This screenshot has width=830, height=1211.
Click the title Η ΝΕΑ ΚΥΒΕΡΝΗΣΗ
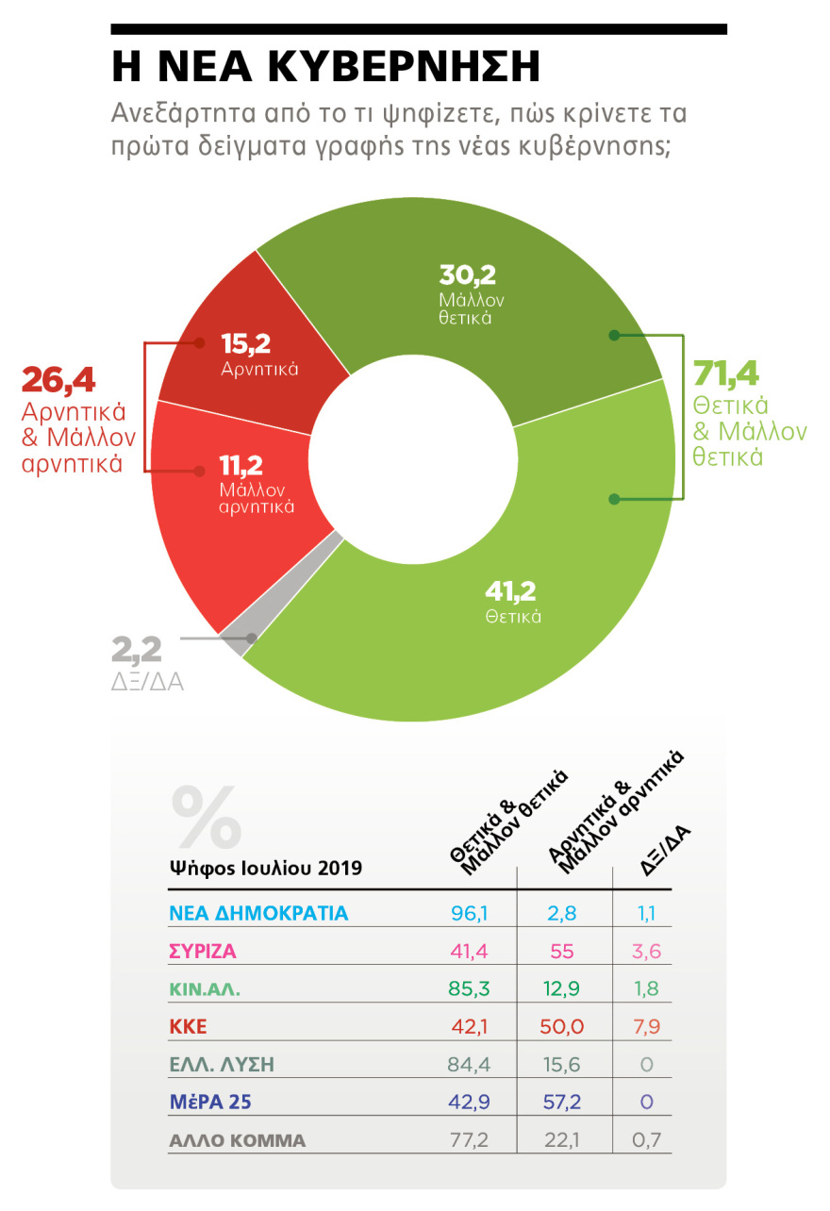pos(325,67)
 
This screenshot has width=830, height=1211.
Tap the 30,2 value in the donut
pos(468,275)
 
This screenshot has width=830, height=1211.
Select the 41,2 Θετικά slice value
pos(510,591)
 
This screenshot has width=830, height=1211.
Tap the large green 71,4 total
pos(726,374)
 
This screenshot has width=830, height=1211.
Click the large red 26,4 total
pos(58,383)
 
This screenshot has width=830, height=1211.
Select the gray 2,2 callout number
pos(137,650)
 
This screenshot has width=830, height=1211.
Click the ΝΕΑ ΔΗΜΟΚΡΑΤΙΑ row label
pos(259,913)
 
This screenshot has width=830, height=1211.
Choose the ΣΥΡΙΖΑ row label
pos(203,952)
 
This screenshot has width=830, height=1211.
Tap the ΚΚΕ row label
pos(189,1027)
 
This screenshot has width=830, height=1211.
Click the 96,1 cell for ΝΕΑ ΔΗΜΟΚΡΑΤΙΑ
pos(469,913)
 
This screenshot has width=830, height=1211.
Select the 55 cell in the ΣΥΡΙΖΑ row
pos(562,952)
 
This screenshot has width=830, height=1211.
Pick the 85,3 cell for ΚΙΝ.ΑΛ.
pos(469,989)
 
